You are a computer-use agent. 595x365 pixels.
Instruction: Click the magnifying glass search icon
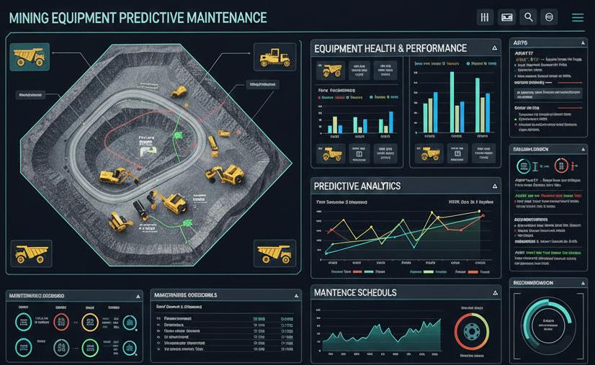pos(528,17)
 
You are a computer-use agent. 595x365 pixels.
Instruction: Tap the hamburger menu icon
pos(578,18)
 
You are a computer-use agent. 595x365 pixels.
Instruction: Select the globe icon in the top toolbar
pos(550,17)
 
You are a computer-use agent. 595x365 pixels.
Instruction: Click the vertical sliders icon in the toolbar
pos(485,17)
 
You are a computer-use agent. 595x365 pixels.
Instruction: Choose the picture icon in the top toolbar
pos(506,17)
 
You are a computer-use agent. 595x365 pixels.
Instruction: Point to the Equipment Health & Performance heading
pos(390,48)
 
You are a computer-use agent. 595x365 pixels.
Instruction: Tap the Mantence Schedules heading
pos(354,293)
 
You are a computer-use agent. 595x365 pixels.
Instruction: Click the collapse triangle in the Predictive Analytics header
pos(493,186)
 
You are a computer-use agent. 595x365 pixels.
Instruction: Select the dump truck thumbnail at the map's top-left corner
pos(30,56)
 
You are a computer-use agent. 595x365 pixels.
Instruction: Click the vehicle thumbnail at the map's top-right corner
pos(274,56)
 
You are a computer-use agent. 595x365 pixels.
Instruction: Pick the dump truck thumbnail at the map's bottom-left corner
pos(31,253)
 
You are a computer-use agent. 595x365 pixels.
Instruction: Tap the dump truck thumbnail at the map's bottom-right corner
pos(275,253)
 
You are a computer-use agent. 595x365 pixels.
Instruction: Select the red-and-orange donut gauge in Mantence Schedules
pos(473,332)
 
